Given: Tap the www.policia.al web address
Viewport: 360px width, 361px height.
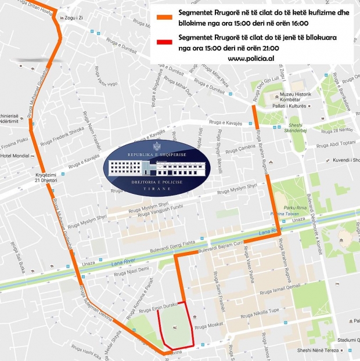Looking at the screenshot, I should (251, 59).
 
